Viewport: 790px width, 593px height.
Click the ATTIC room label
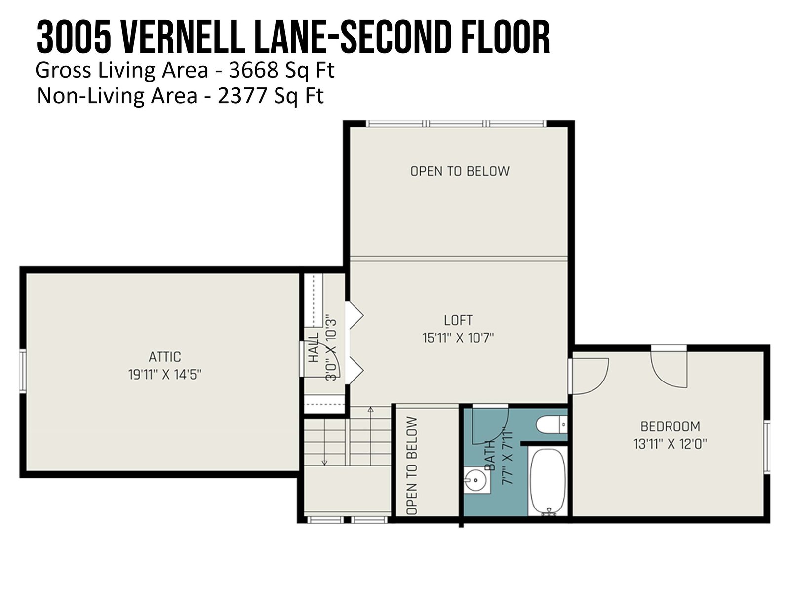pos(165,357)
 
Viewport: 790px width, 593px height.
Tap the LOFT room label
pos(458,320)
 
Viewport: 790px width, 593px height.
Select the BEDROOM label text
pos(670,426)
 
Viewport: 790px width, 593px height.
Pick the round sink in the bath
pos(475,480)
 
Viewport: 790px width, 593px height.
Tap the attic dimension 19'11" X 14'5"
pos(165,375)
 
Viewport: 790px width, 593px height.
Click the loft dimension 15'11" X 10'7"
pos(458,338)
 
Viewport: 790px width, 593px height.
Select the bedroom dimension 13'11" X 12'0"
pos(670,444)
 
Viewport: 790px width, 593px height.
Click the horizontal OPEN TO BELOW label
pos(460,171)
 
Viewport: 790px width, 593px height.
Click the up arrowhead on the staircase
pos(371,409)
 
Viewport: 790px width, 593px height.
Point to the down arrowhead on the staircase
pos(324,463)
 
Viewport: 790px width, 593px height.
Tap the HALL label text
pos(314,347)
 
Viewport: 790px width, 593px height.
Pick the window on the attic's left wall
pos(23,370)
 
